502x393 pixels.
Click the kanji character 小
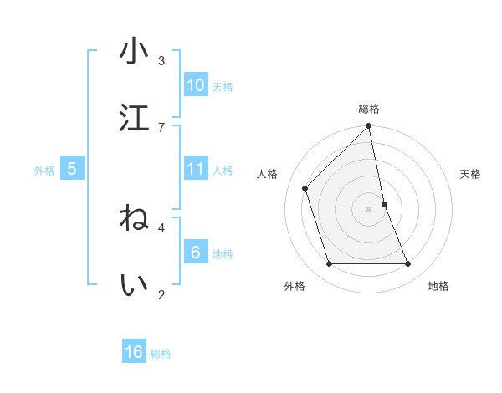[x=134, y=52]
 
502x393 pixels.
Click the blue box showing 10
[x=196, y=84]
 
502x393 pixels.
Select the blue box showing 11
[x=196, y=169]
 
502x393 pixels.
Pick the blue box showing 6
[x=196, y=252]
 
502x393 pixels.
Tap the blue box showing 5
[x=72, y=169]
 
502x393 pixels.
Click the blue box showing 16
[x=134, y=352]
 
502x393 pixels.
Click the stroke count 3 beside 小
[x=161, y=61]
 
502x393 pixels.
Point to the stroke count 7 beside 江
[x=161, y=127]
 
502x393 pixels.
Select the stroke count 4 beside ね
[x=161, y=227]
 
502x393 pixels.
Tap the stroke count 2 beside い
[x=161, y=293]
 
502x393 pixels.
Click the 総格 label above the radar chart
[x=369, y=109]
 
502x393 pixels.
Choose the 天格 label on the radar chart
[x=471, y=174]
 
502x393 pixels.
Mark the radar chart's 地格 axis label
[x=438, y=286]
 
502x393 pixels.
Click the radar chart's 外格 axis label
[x=295, y=286]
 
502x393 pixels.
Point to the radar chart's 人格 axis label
[x=268, y=174]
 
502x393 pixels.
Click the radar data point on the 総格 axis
[x=369, y=126]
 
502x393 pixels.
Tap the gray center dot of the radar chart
[x=369, y=209]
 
